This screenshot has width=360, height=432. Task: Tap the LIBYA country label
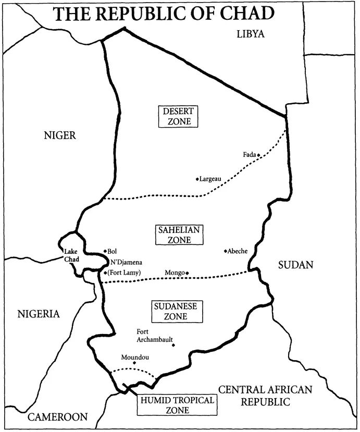click(251, 34)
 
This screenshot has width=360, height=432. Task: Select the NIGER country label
click(60, 135)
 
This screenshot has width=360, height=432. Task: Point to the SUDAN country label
click(295, 265)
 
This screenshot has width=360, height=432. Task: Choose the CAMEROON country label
click(58, 417)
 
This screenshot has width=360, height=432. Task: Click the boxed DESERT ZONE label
click(178, 116)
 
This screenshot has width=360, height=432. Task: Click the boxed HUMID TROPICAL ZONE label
click(176, 405)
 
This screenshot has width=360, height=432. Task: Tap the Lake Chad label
click(71, 255)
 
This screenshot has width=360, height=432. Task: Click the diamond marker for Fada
click(258, 155)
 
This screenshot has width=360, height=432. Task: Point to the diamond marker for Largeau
click(197, 179)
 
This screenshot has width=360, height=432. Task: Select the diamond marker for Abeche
click(225, 251)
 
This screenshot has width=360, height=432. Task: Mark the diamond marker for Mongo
click(187, 273)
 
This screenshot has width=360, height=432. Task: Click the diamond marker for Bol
click(105, 251)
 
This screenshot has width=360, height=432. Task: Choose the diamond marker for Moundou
click(134, 363)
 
